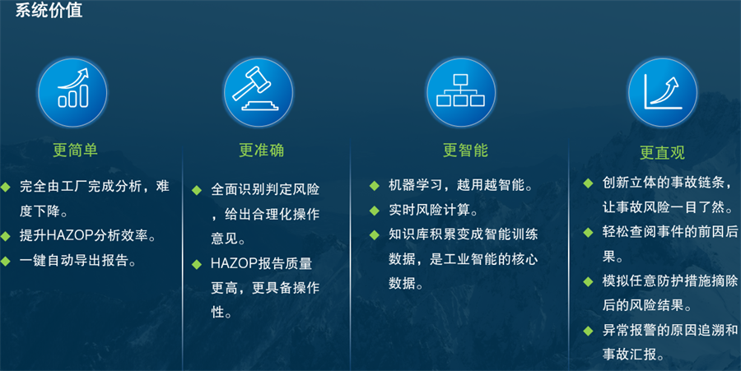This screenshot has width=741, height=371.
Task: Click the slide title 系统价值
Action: (49, 11)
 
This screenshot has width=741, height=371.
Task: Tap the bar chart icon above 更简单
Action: (72, 92)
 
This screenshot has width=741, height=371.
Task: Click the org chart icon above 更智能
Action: (461, 92)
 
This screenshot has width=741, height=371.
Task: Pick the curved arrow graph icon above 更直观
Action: (662, 92)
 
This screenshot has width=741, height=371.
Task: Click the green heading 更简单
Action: (75, 150)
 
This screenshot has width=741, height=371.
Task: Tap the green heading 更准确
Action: (261, 150)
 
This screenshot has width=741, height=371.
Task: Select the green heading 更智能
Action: (465, 150)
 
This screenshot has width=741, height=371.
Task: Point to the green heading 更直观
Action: (662, 152)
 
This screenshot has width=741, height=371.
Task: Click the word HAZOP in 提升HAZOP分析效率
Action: (70, 235)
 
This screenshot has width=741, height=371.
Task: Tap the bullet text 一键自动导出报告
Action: (77, 261)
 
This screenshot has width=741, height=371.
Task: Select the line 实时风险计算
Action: (433, 210)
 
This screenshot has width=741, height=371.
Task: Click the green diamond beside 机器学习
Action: (375, 186)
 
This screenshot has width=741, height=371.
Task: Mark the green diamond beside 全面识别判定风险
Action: (197, 190)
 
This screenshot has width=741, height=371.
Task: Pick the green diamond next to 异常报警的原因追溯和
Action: (588, 331)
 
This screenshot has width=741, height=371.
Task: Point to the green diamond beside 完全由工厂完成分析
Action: (5, 187)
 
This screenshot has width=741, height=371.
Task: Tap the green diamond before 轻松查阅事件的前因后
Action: (588, 232)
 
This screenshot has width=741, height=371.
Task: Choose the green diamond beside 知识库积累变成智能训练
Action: (375, 234)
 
